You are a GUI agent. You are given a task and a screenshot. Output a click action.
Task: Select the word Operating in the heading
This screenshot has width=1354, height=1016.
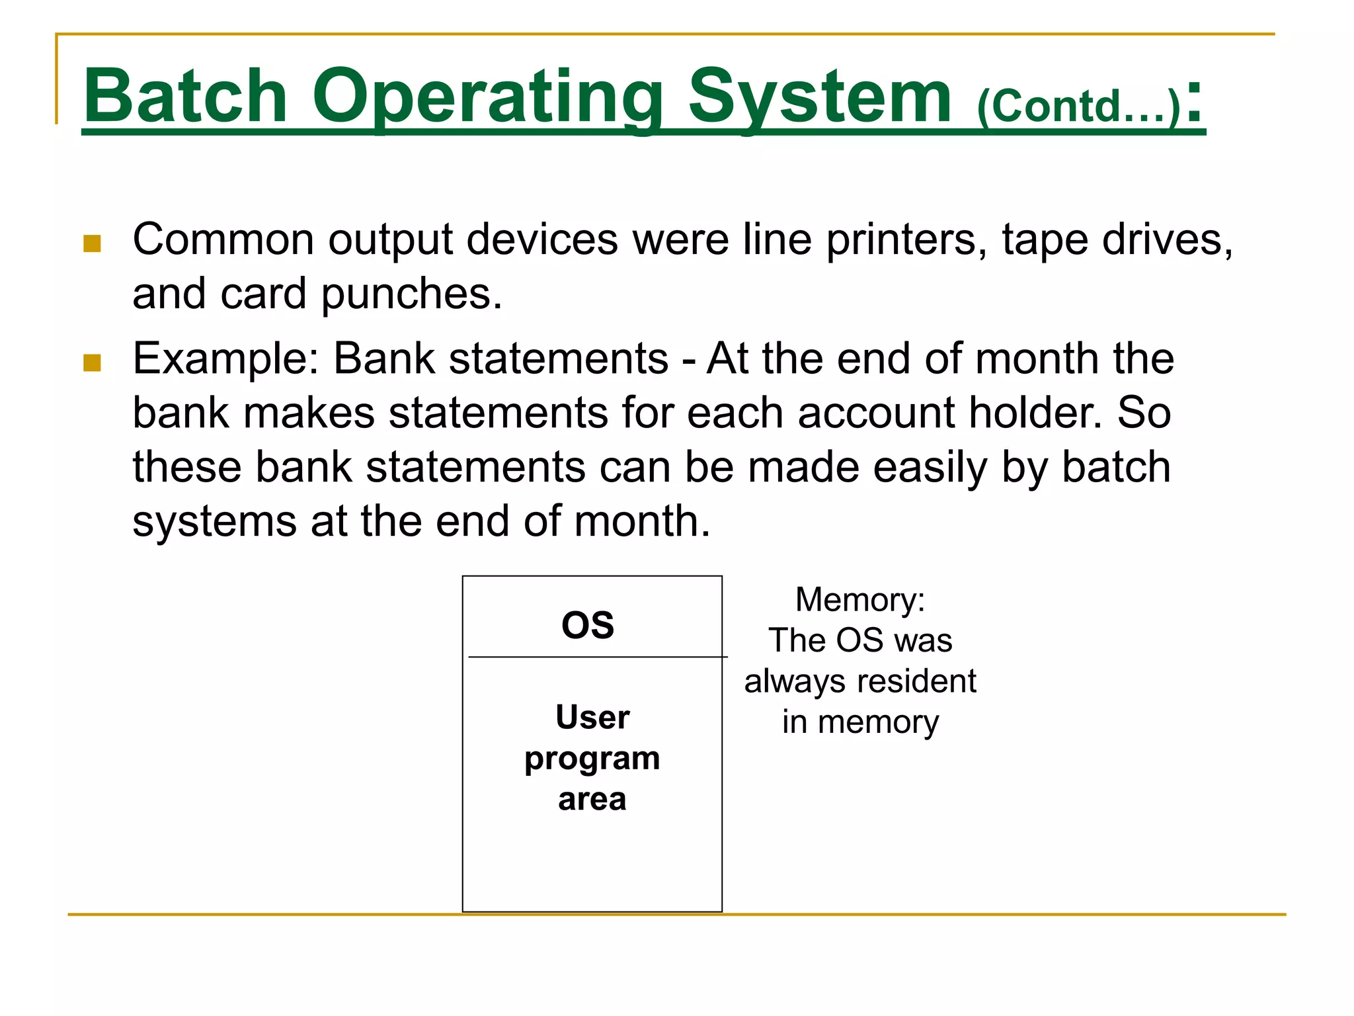point(488,98)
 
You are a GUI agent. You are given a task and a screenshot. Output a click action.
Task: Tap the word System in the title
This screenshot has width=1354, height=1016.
point(820,98)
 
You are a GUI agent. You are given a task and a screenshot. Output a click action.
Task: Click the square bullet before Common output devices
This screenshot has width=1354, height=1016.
point(92,243)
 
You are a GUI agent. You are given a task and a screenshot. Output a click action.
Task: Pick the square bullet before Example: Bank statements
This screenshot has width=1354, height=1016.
point(92,362)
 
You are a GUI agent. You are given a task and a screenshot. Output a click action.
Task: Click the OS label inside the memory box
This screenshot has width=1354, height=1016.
point(588,625)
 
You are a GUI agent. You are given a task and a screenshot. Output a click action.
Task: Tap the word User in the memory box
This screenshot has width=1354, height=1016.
point(592,717)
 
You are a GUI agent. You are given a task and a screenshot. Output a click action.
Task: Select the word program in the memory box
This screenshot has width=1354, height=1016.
point(592,759)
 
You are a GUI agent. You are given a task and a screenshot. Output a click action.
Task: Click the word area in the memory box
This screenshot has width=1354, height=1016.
point(592,799)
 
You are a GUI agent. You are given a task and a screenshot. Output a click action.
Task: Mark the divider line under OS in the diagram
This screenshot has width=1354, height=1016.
point(595,657)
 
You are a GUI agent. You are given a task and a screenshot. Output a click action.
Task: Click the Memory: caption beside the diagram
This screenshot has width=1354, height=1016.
point(859,600)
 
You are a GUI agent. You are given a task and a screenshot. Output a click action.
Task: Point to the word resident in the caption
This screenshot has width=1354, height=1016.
point(917,681)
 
